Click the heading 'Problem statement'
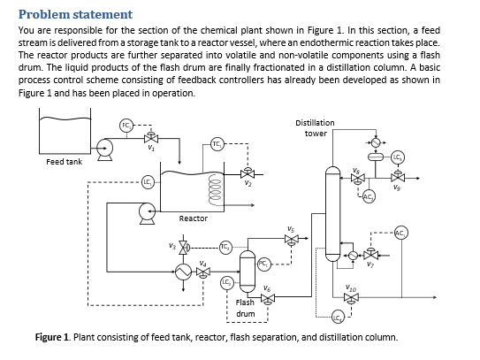tap(75, 14)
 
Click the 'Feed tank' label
tap(65, 162)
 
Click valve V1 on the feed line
tap(151, 140)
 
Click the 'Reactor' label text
tap(193, 218)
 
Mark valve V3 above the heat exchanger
tap(184, 245)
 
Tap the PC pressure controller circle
tap(263, 264)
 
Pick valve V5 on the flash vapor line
tap(291, 237)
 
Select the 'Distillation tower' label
tap(315, 127)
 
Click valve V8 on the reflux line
tap(357, 177)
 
